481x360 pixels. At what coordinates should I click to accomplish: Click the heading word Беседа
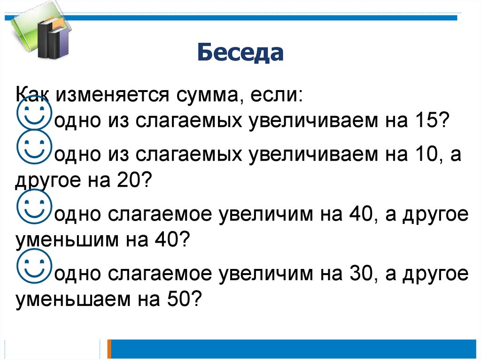coord(240,53)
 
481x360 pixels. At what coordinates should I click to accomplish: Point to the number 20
coord(125,180)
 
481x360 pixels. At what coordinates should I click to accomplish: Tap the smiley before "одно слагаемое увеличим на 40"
coord(33,208)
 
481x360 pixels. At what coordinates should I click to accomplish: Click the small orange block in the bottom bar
coord(109,349)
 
